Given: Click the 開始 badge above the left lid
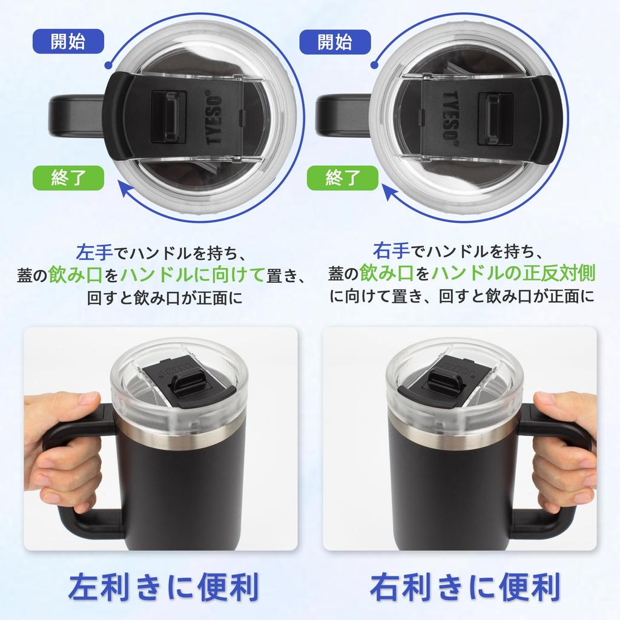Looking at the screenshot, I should (68, 42).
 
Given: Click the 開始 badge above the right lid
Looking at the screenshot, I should (334, 42).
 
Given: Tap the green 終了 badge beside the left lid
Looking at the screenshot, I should (68, 178).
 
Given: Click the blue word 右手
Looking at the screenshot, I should (389, 249).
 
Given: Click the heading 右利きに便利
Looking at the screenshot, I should (465, 587).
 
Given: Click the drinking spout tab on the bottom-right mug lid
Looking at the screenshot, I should (445, 381).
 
